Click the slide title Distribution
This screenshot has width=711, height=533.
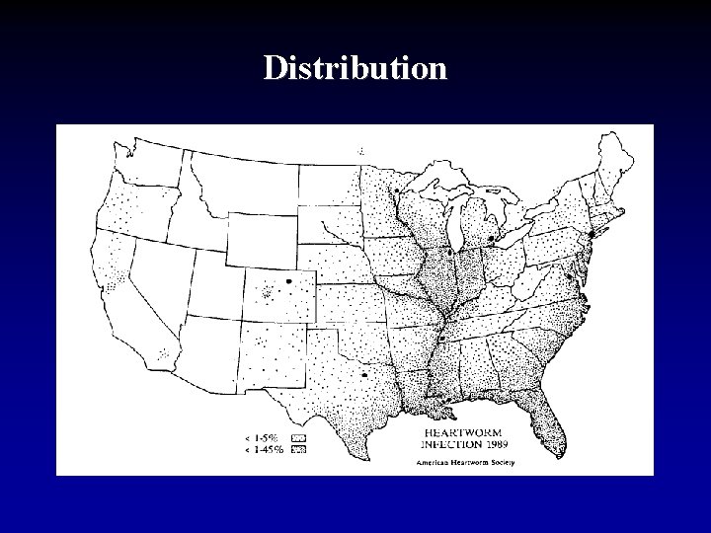click(355, 68)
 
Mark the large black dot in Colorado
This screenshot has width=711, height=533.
click(288, 281)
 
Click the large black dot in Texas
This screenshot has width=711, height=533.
click(365, 375)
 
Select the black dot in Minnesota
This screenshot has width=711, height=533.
click(396, 190)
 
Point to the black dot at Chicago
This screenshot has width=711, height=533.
click(449, 252)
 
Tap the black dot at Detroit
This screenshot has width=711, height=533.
click(491, 239)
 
